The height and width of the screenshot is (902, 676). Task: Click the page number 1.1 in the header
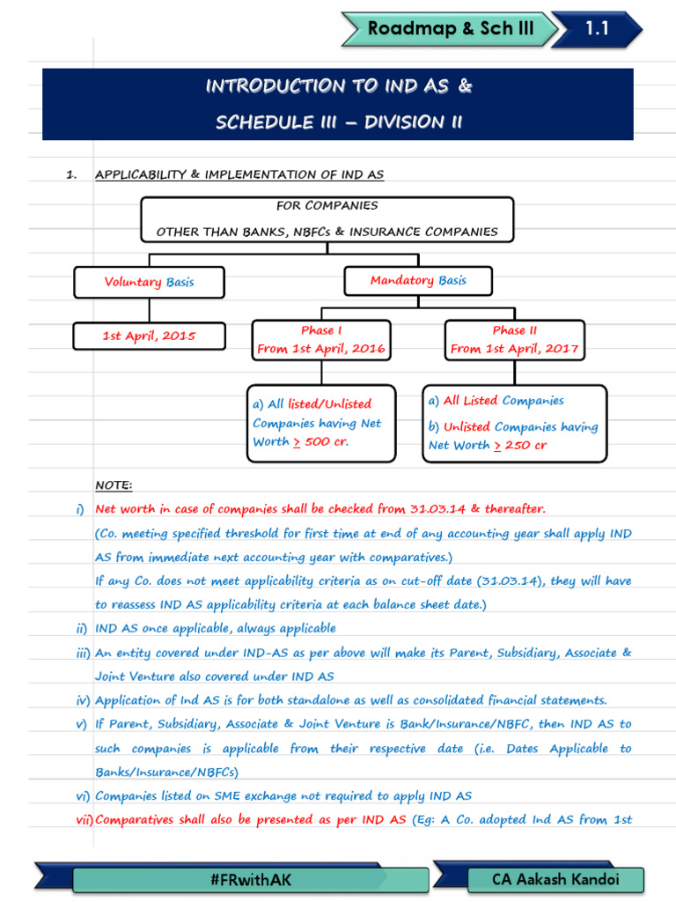pos(597,28)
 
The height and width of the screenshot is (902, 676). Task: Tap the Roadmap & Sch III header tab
pos(450,29)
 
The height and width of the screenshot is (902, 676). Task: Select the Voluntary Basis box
pos(149,282)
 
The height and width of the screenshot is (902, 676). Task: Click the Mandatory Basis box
pos(418,280)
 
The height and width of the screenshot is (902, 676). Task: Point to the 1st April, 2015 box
pos(149,336)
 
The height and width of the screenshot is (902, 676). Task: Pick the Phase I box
pos(321,340)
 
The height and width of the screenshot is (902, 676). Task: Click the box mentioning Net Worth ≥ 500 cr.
pos(321,423)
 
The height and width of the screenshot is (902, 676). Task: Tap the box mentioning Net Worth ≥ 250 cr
pos(514,423)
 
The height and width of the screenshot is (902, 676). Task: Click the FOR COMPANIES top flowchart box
pos(327,218)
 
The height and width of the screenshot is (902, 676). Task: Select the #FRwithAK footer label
pos(229,879)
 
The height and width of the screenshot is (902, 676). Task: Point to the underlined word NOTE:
pos(114,485)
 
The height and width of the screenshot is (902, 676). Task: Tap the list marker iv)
pos(83,701)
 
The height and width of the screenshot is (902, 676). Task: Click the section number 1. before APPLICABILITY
pos(71,174)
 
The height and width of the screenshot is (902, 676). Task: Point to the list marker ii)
pos(81,629)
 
